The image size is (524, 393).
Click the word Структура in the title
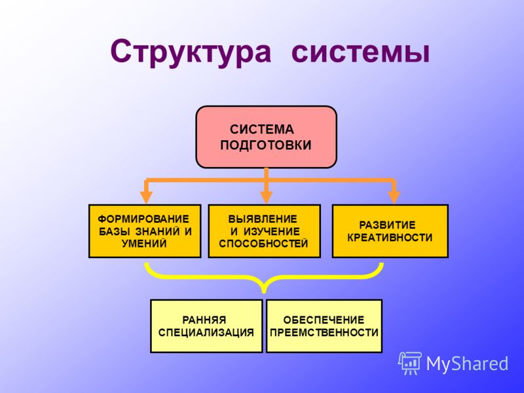tap(191, 52)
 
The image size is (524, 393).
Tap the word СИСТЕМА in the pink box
tap(262, 129)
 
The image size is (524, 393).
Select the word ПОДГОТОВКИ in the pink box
tap(266, 145)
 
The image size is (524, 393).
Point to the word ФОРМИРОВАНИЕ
tap(143, 219)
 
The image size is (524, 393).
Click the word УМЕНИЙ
tap(144, 243)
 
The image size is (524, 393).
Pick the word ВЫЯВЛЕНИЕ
tap(263, 219)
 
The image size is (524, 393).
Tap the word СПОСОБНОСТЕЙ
tap(263, 243)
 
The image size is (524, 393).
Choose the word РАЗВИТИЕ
tap(387, 225)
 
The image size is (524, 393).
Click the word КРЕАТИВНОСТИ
tap(390, 238)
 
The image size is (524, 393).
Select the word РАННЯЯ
tap(204, 320)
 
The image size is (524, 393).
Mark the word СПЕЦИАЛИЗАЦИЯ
tap(206, 333)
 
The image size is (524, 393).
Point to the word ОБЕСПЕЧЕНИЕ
tap(324, 320)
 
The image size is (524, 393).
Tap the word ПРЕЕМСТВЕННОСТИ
tap(324, 333)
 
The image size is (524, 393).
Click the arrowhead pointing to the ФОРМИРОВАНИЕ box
tap(146, 197)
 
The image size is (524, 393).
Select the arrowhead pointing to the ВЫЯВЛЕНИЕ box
tap(266, 197)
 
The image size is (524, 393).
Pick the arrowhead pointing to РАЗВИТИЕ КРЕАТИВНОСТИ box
tap(394, 197)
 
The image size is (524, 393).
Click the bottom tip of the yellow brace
tap(264, 293)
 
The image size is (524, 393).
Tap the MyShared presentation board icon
tap(410, 364)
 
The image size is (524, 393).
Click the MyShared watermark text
tap(468, 364)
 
